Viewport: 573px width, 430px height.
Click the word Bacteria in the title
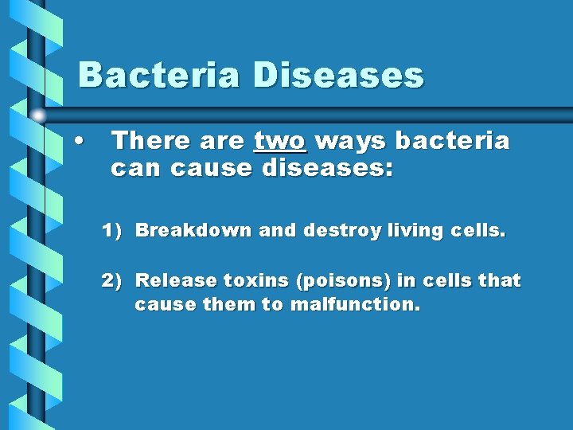click(x=159, y=76)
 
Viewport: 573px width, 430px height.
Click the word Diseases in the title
click(x=338, y=76)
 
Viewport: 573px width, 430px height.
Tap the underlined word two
click(x=279, y=141)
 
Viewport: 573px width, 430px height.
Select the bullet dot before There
click(x=79, y=142)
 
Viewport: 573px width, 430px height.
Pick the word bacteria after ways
click(x=452, y=141)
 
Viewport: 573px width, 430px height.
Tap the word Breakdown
click(x=194, y=231)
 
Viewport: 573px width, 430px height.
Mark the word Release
click(x=176, y=280)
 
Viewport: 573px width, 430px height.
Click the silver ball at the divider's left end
click(x=37, y=115)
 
